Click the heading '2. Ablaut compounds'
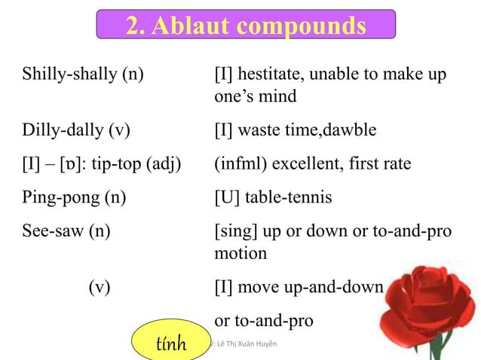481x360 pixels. [x=246, y=25]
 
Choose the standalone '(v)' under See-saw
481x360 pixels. [x=99, y=287]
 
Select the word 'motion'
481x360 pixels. [x=240, y=253]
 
